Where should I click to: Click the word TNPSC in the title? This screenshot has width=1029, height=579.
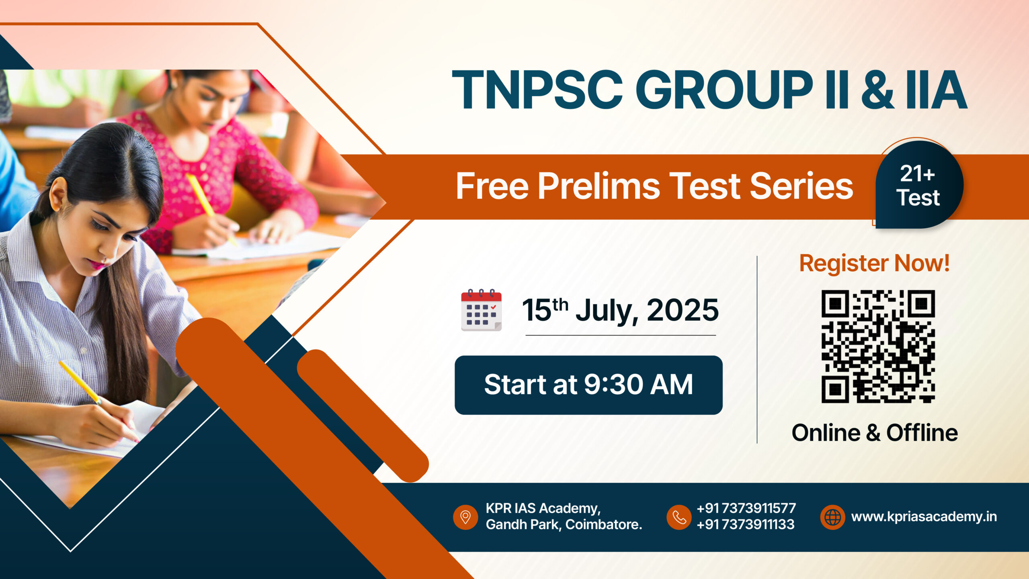click(537, 90)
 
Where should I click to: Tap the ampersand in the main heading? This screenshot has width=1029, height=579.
click(877, 90)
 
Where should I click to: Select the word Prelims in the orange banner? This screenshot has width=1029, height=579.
click(599, 186)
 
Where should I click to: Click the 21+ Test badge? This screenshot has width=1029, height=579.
click(919, 184)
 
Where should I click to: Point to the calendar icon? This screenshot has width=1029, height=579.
click(481, 310)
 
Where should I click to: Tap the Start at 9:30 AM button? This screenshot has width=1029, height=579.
click(588, 385)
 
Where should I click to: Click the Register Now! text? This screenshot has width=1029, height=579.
click(874, 264)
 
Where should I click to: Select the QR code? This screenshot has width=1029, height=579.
click(878, 346)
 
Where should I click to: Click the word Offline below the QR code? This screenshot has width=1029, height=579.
click(922, 433)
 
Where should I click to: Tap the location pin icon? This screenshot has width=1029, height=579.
click(465, 517)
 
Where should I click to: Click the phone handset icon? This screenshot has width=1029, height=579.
click(679, 517)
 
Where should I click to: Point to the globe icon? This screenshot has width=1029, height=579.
click(832, 517)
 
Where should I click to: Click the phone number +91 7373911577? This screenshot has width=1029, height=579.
click(746, 508)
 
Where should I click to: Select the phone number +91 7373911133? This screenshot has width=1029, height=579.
click(745, 524)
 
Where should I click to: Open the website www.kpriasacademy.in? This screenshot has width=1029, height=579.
click(924, 517)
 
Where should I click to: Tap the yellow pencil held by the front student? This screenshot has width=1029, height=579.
click(80, 382)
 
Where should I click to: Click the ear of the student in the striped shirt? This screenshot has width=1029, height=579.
click(58, 194)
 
